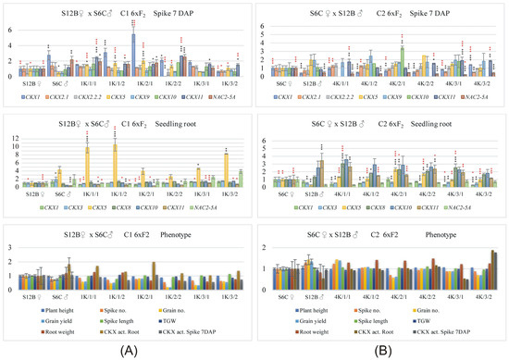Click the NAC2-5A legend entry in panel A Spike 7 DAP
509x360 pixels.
[220, 95]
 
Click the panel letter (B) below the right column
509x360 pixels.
[381, 349]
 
